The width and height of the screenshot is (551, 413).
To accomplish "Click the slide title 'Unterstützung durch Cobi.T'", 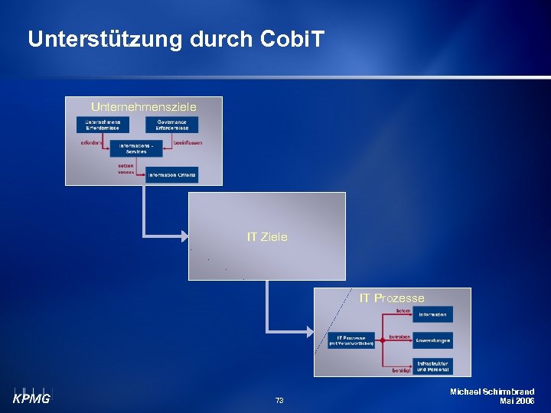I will [x=176, y=40].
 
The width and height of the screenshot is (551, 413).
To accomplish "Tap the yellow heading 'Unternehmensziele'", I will [x=144, y=106].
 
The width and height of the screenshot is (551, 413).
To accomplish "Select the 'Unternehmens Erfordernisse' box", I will [x=103, y=125].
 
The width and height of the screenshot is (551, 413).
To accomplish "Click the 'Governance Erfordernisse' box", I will [x=172, y=125].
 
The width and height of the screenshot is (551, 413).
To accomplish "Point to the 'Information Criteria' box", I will [x=172, y=175].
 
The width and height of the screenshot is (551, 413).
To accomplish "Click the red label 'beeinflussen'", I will [x=187, y=142].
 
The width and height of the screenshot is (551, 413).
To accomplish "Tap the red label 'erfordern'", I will [x=91, y=142].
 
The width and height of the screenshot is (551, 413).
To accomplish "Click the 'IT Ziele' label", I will [x=267, y=237].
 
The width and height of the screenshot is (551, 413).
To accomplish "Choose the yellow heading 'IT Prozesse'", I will [x=392, y=298].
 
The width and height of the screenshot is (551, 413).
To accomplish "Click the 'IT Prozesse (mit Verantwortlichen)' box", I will [x=351, y=340].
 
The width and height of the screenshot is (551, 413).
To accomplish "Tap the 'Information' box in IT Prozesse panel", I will [x=432, y=314].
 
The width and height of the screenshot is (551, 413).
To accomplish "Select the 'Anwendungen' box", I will [x=432, y=340].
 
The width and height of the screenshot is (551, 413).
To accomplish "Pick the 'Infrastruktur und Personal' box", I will [x=432, y=366].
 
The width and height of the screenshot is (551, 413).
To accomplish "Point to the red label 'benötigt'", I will [x=402, y=370].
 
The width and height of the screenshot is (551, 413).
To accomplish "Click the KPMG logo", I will [x=31, y=395].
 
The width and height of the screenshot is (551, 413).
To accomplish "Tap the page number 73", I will [x=279, y=401].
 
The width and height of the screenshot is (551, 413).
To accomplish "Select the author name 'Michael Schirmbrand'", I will [x=492, y=392].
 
